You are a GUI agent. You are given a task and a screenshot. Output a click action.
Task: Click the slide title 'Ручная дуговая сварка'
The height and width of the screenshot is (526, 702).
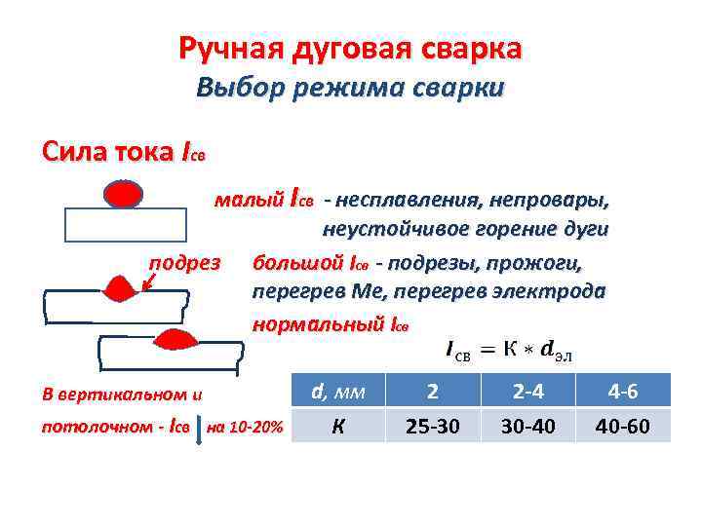pos(350,48)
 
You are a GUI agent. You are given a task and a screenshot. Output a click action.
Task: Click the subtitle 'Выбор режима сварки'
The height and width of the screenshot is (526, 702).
pos(350,88)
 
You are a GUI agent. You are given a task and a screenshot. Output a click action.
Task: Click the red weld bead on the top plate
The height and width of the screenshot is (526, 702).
pos(124,195)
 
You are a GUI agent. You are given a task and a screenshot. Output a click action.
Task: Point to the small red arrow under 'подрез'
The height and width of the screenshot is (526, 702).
pos(146,282)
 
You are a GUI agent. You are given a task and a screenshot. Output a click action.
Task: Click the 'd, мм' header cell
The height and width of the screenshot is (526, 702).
pos(337,392)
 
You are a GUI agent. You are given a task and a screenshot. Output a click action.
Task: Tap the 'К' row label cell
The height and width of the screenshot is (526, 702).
pos(337,426)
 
